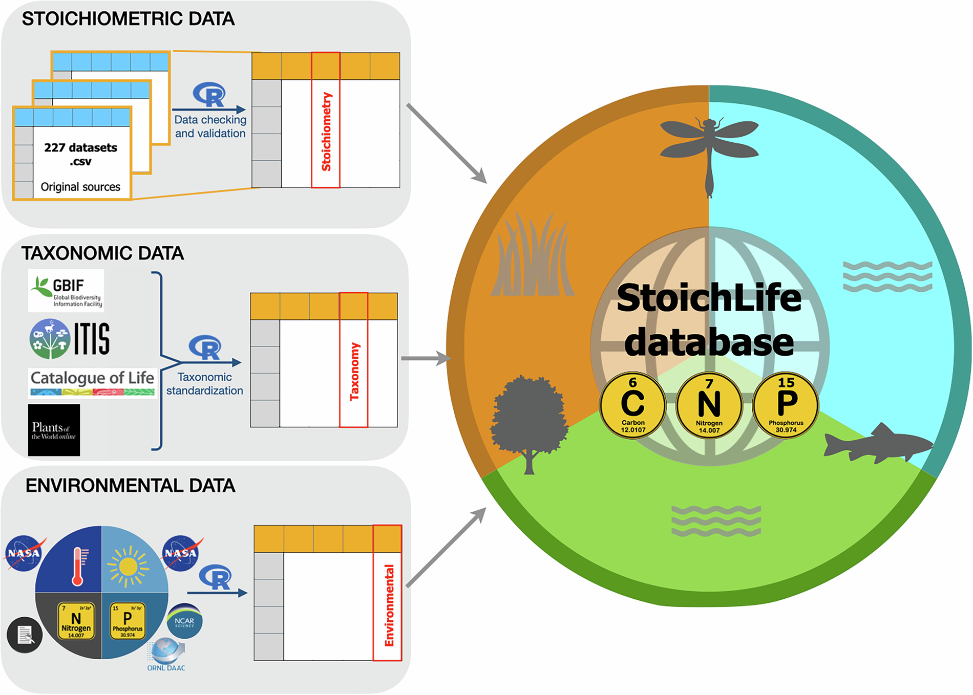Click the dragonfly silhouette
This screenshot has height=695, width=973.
click(709, 148)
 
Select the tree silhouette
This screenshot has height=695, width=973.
click(529, 420)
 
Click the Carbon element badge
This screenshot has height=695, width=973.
click(633, 405)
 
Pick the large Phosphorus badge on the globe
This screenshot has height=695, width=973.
click(786, 405)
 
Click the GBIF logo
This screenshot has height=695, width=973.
click(66, 291)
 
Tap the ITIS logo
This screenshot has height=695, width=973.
click(70, 338)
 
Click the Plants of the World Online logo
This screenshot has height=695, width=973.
click(54, 430)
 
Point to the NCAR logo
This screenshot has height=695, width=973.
click(184, 621)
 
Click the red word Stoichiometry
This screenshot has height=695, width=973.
click(326, 132)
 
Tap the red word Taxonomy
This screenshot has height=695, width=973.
click(354, 372)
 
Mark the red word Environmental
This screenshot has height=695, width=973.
click(389, 605)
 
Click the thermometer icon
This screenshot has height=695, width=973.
click(78, 566)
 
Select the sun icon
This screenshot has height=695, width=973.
click(128, 566)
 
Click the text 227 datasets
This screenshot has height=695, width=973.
click(80, 148)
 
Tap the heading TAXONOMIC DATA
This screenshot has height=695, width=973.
click(102, 253)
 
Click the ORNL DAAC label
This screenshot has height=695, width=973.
click(166, 668)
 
